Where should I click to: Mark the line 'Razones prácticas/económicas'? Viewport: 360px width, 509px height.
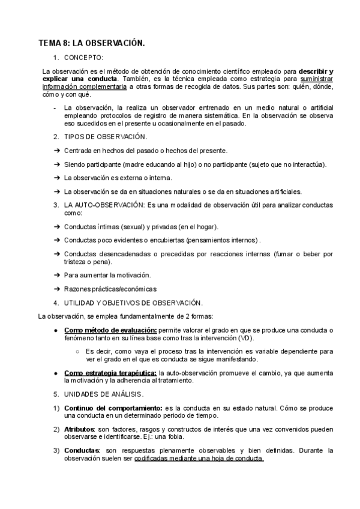[106, 289]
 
